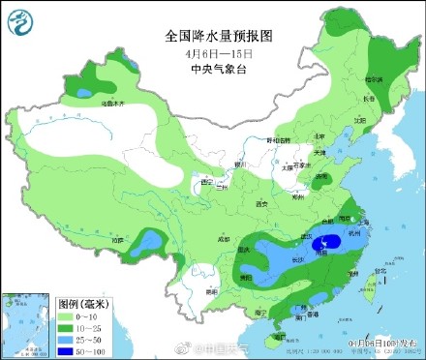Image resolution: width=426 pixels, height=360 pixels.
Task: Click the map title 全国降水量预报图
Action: [220, 36]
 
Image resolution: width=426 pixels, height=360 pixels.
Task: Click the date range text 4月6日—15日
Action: [220, 52]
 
